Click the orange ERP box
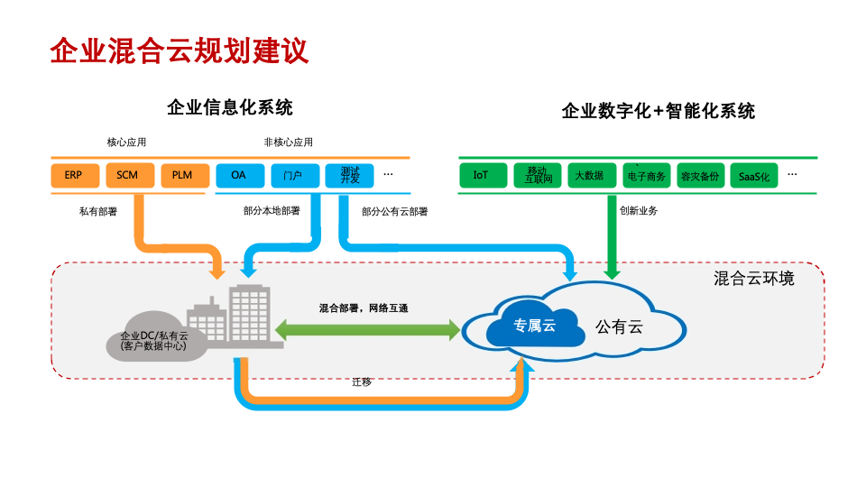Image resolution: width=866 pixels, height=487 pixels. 74,175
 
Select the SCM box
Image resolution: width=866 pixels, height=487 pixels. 128,175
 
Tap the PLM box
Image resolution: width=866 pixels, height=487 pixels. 183,175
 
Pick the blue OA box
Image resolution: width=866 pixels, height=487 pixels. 238,175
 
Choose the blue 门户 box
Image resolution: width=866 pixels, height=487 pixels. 292,175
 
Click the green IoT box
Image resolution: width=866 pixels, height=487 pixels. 481,175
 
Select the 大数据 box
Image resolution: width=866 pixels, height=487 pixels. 589,176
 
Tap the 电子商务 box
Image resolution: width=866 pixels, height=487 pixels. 646,176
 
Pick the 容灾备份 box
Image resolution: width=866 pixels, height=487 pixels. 700,176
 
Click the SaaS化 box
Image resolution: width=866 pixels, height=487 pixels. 753,176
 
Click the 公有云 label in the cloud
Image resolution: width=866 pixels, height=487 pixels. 619,326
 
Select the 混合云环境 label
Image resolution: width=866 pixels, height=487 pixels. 754,279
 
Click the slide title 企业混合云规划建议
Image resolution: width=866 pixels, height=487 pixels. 180,51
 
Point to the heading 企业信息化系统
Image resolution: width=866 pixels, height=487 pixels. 230,108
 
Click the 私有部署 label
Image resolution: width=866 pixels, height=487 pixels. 97,212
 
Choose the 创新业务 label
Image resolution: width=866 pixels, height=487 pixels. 638,211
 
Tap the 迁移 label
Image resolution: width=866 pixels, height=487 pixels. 361,381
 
